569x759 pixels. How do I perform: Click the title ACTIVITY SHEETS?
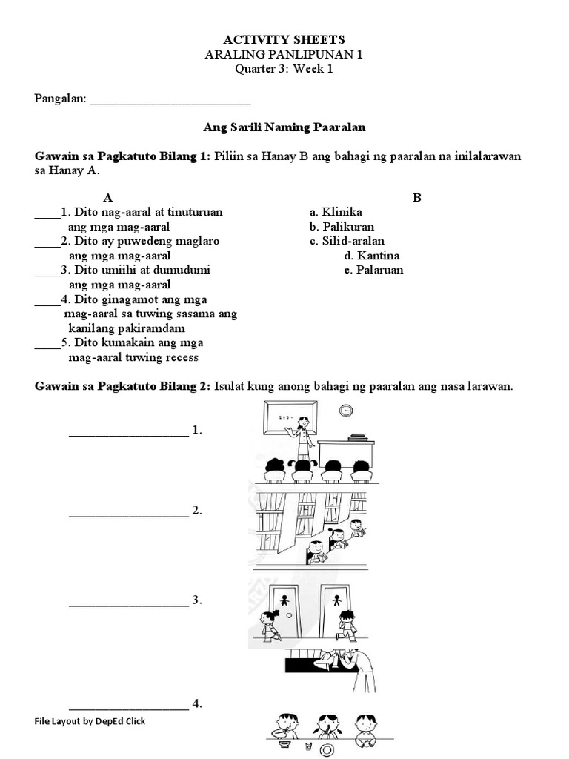284,39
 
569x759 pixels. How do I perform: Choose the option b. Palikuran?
342,227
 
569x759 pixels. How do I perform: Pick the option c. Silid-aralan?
347,241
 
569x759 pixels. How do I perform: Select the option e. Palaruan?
373,270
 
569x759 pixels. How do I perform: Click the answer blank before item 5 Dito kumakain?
47,348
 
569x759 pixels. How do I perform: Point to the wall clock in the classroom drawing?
345,411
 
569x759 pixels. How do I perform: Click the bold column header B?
417,198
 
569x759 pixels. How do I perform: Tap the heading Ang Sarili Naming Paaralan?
284,127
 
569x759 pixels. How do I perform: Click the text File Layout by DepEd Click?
90,721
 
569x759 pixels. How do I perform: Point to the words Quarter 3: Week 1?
284,69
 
